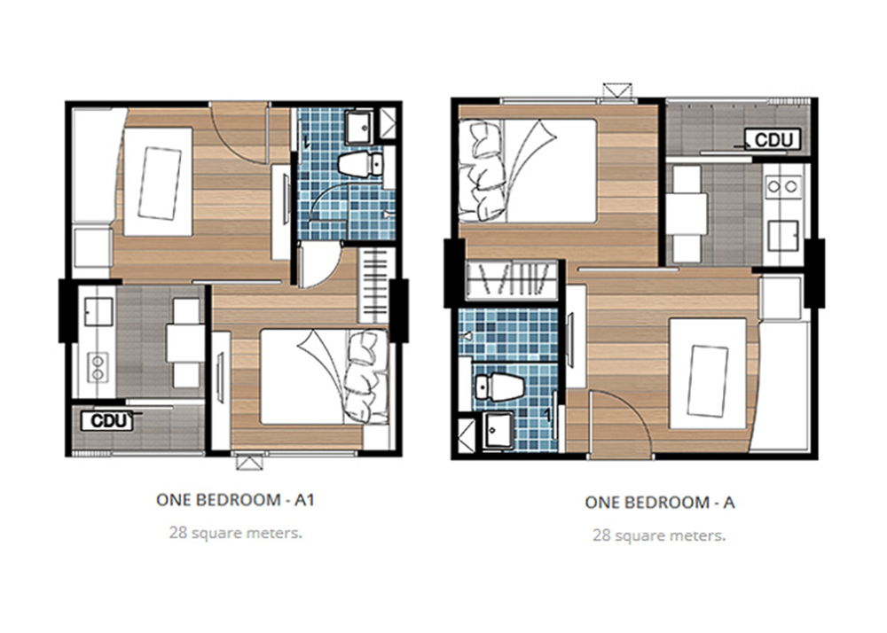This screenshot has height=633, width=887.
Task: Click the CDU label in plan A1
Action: coord(106,420)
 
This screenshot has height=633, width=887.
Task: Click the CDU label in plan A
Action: coord(773,139)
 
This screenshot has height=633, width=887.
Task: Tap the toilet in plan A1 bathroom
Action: coord(359,164)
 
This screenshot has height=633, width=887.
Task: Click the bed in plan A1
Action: coord(325,376)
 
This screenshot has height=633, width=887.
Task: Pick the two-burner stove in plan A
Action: coord(783,186)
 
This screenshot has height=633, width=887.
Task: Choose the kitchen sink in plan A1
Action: coord(98,311)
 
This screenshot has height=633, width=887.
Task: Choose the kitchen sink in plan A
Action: coord(783,235)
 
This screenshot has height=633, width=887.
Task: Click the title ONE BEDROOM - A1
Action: coord(235,500)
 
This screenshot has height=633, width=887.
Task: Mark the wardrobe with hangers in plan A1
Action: coord(374,285)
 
